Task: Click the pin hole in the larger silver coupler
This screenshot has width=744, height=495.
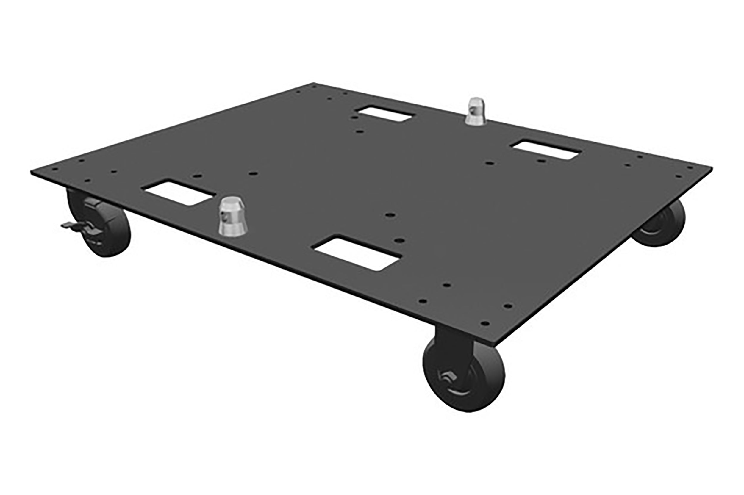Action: [223, 216]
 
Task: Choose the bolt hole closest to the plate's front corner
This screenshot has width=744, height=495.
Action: [485, 324]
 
